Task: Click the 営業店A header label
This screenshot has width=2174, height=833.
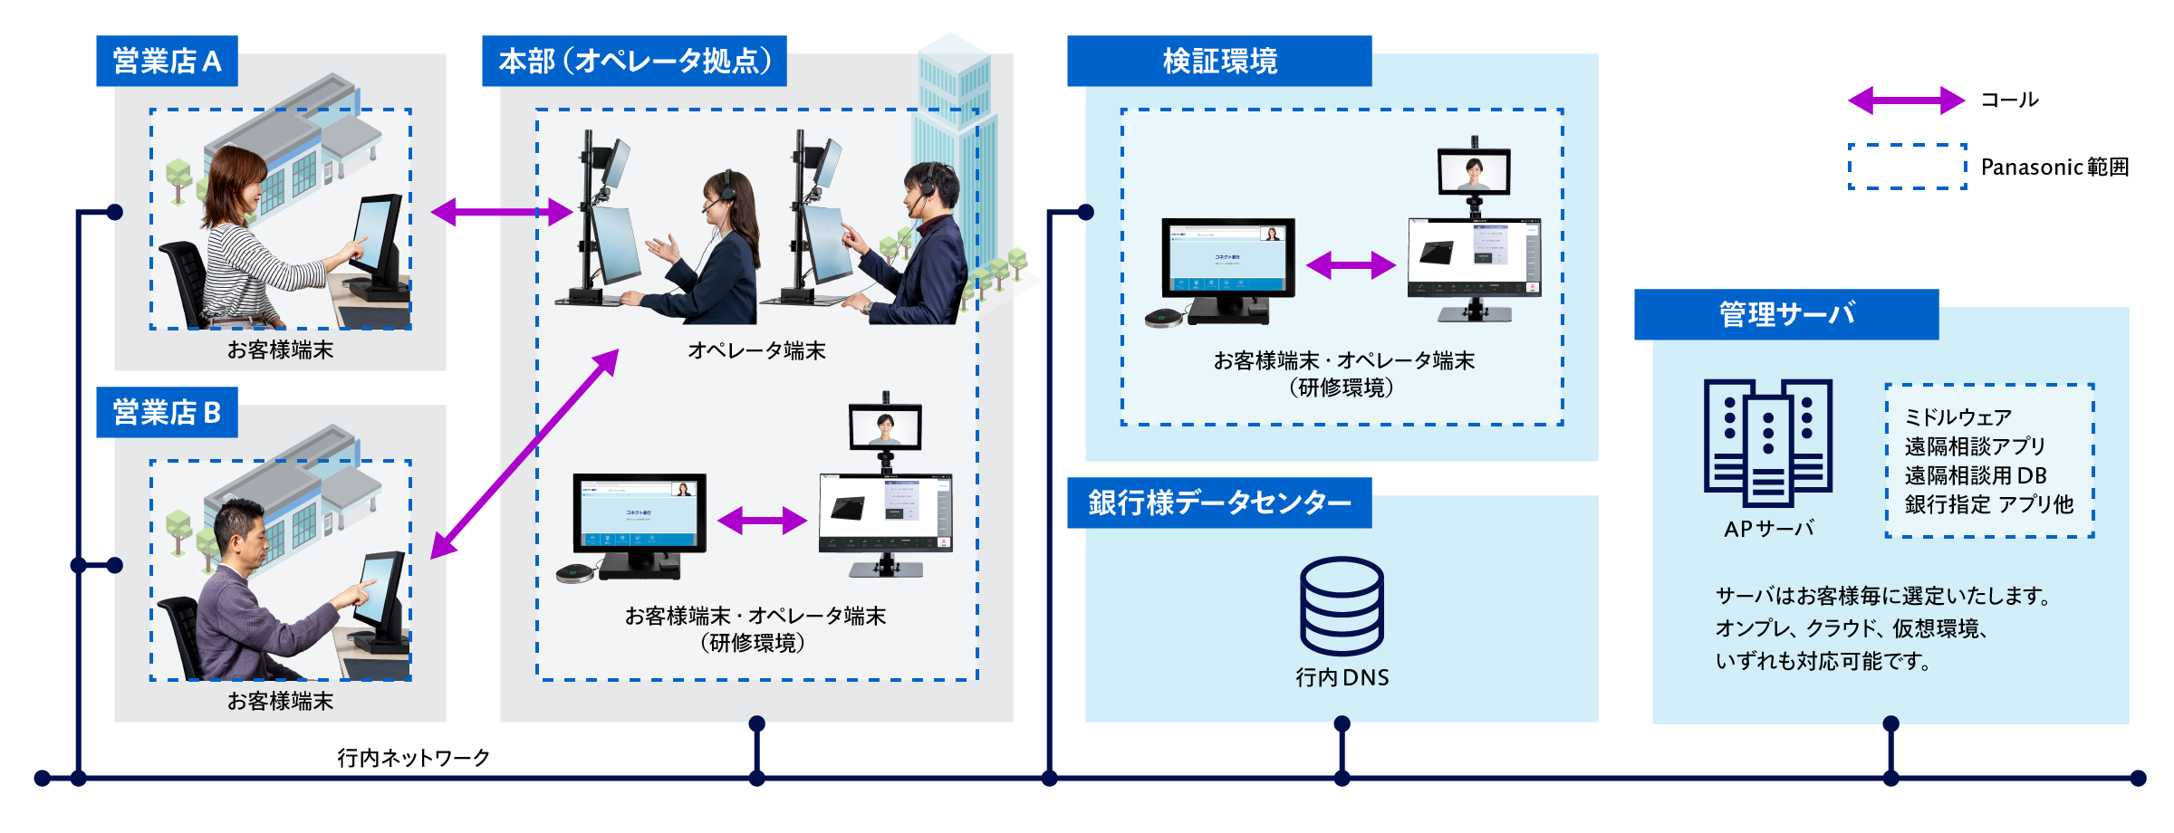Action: [167, 61]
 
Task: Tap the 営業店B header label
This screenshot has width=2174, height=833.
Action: [167, 412]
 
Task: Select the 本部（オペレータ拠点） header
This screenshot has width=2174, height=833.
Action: [634, 61]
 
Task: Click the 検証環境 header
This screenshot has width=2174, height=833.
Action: [1219, 61]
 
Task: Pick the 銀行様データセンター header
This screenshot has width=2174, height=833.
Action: [1219, 503]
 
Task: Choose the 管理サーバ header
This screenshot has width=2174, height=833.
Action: [1786, 314]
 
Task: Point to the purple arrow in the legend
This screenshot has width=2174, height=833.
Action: [1906, 101]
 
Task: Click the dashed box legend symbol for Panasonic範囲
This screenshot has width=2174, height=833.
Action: [1907, 167]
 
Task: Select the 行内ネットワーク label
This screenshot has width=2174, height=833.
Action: [413, 757]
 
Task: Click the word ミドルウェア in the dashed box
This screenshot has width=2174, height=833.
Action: [1958, 417]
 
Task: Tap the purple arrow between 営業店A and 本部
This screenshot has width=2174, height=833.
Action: [501, 213]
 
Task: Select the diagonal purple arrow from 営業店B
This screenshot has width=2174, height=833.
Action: [524, 454]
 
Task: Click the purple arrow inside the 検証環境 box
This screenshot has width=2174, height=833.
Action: [1351, 265]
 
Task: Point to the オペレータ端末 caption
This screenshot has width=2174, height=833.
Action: [756, 350]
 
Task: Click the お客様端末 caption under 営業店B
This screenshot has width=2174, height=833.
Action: [280, 701]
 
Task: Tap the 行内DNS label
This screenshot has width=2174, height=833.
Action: [1342, 677]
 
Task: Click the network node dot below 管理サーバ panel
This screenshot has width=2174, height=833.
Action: [1890, 723]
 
